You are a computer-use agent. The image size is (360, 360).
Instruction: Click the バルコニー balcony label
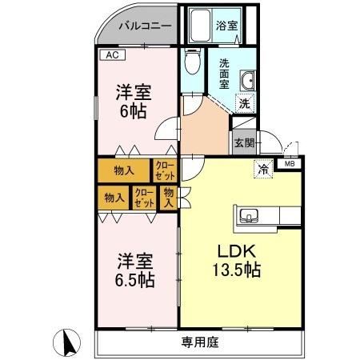pos(145,26)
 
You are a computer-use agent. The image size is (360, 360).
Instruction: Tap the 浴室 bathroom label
pos(227,26)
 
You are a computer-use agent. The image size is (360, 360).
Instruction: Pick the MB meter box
pos(289,166)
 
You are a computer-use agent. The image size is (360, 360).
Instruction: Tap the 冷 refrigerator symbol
pos(262,168)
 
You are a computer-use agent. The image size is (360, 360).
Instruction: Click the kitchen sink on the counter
pos(248,216)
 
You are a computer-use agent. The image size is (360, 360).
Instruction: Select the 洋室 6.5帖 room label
pos(132,270)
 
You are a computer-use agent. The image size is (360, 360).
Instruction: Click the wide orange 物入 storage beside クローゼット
pos(123,170)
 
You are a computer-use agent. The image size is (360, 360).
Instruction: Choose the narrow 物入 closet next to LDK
pos(169,197)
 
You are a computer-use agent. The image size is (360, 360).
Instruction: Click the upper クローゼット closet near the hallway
pos(165,170)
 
